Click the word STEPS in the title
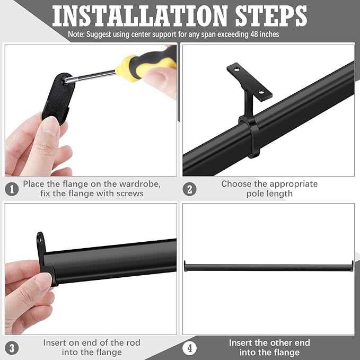click(x=271, y=16)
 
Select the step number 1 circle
click(x=12, y=189)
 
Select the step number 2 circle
click(x=189, y=189)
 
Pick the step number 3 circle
click(x=12, y=348)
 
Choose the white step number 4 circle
click(x=189, y=348)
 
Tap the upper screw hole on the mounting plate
click(x=236, y=68)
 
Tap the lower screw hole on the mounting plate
click(x=261, y=92)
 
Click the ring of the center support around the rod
click(x=250, y=138)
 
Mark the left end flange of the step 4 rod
click(x=185, y=266)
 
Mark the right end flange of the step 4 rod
click(x=352, y=266)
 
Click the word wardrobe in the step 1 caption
click(x=140, y=184)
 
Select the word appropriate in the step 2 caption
click(x=294, y=184)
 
